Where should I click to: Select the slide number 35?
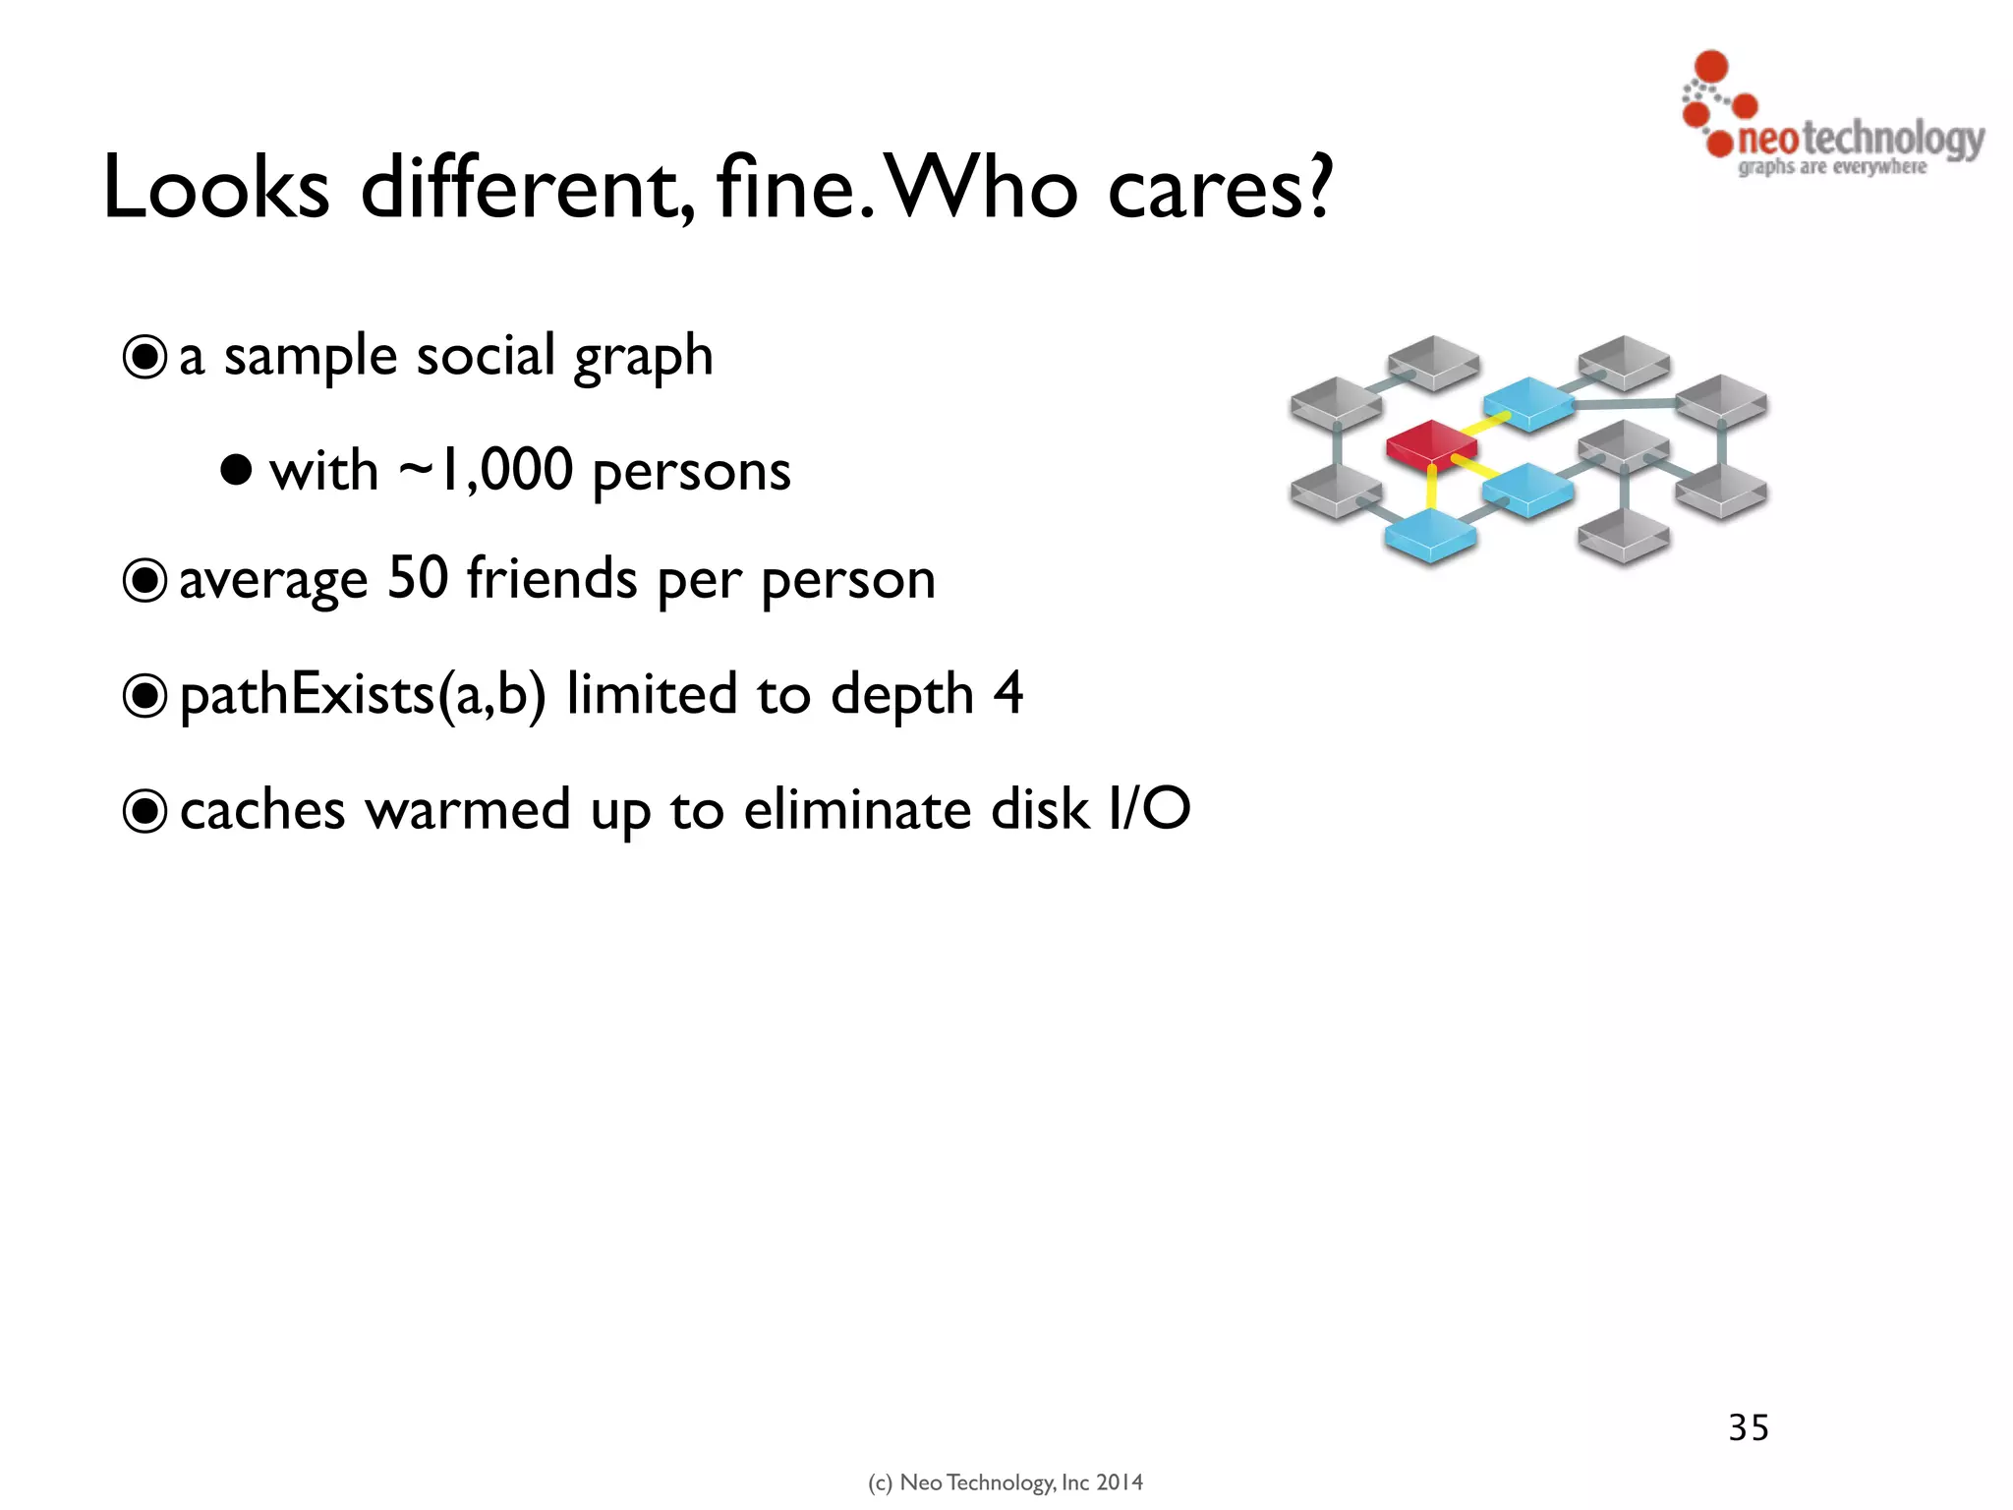[x=1749, y=1427]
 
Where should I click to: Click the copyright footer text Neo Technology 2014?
[x=1005, y=1482]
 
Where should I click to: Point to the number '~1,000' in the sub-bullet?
[x=486, y=470]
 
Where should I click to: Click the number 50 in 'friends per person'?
[x=417, y=578]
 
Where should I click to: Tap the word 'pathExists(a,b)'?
[x=362, y=695]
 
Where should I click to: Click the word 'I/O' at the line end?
[x=1149, y=809]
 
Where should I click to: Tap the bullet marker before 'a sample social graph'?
[x=144, y=357]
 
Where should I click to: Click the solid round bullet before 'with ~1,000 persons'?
[x=236, y=470]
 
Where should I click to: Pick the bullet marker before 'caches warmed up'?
[x=144, y=811]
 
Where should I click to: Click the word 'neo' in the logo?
[x=1767, y=139]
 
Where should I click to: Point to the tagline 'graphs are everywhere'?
[x=1832, y=167]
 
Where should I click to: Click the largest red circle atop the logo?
[x=1711, y=66]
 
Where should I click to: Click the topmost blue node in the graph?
[x=1527, y=401]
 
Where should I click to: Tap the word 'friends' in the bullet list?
[x=551, y=578]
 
